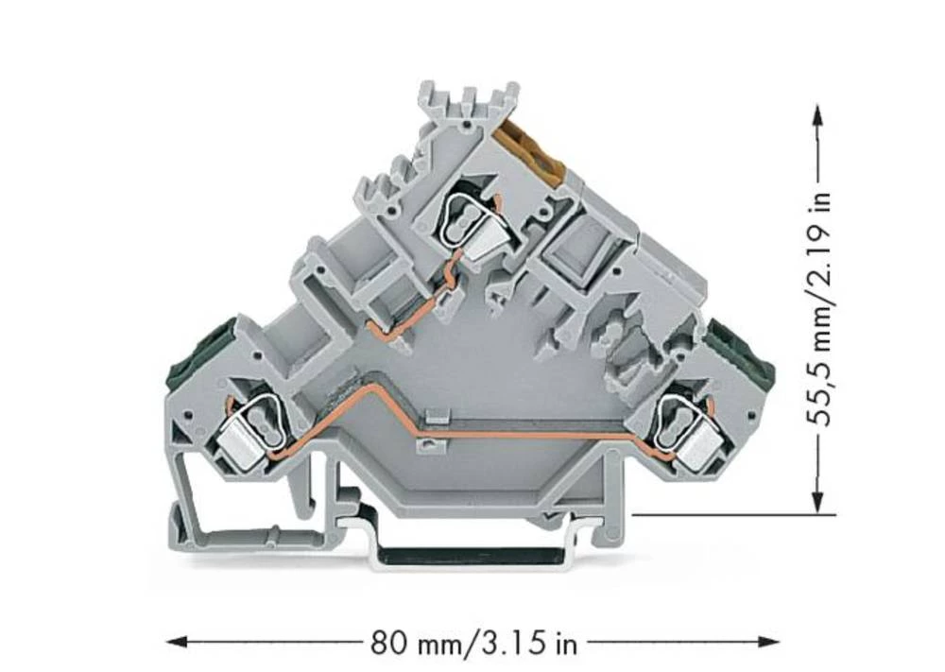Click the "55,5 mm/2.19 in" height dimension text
point(818,308)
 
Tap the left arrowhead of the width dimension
point(175,643)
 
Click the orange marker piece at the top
point(535,151)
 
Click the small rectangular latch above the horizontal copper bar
point(436,415)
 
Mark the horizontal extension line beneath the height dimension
point(728,515)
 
